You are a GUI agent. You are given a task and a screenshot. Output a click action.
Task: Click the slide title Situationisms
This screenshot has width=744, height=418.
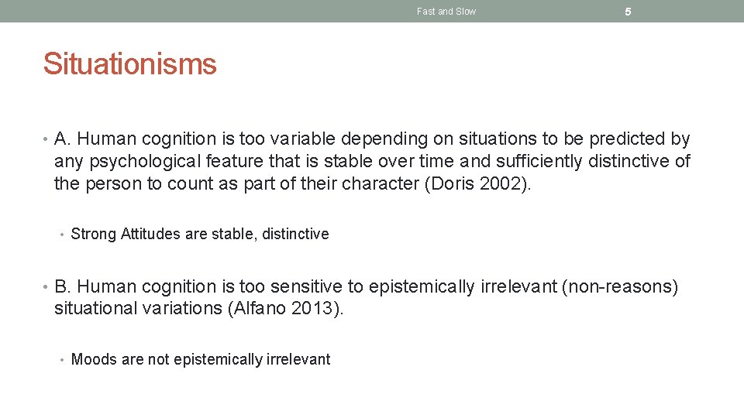coord(129,63)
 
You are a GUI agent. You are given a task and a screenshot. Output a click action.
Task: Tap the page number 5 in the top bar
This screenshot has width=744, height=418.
coord(628,12)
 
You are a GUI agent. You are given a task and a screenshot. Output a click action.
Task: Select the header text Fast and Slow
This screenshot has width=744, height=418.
coord(446,12)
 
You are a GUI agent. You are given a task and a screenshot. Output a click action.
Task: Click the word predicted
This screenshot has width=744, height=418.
coord(628,139)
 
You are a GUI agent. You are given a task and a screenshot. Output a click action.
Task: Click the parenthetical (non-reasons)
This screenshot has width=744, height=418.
coord(619,286)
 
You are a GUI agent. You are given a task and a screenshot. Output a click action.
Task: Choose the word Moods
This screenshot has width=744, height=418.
coord(92,359)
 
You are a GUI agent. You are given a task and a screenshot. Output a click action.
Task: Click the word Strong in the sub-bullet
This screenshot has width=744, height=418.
coord(93,234)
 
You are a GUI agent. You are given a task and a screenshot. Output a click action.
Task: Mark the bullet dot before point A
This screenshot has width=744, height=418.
coord(46,139)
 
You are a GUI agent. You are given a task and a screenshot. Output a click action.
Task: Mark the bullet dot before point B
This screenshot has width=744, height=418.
coord(46,286)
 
